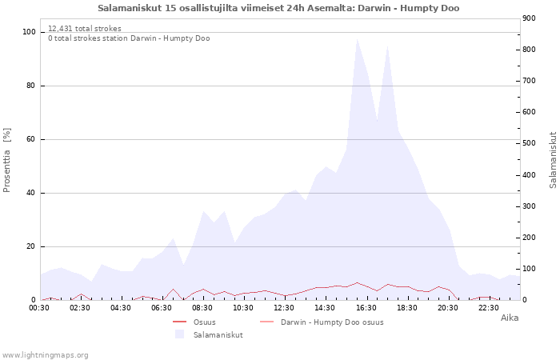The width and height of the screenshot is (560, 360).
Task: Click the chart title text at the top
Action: (x=278, y=8)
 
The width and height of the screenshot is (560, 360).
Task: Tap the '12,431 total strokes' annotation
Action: (x=85, y=29)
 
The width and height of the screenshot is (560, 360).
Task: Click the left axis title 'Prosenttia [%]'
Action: (x=7, y=160)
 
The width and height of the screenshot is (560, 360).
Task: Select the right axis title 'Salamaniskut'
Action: (x=553, y=160)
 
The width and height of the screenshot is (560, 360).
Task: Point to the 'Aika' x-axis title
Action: (x=510, y=318)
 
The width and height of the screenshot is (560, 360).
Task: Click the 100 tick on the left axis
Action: (x=30, y=32)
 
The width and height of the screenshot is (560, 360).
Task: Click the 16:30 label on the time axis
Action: (x=366, y=307)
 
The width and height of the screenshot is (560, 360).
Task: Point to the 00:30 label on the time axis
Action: (x=39, y=307)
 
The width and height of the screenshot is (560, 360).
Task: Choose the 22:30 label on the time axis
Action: (x=489, y=307)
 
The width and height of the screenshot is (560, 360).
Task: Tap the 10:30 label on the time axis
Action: (x=243, y=307)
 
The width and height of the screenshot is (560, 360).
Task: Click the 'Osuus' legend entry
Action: (x=204, y=322)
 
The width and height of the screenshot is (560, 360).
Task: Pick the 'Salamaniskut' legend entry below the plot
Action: (x=218, y=334)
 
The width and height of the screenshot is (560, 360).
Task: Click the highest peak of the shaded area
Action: (x=357, y=38)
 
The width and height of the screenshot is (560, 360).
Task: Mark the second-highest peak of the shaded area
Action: (x=387, y=46)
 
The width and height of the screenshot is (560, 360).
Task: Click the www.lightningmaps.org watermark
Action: (x=45, y=354)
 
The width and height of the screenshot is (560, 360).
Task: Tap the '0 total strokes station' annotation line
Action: (x=129, y=38)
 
